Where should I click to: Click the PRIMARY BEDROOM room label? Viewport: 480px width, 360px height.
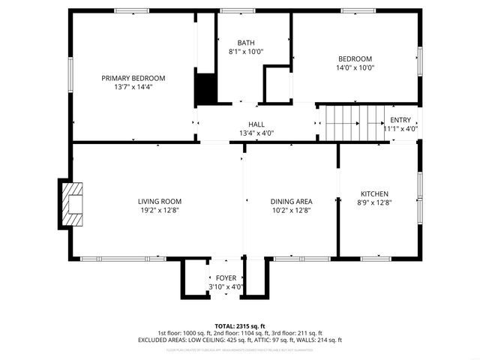133,78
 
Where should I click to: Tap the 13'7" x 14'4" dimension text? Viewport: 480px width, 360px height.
133,87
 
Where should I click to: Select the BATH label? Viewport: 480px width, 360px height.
246,43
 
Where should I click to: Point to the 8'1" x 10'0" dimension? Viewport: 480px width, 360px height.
246,52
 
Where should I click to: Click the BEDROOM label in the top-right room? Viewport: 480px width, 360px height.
355,59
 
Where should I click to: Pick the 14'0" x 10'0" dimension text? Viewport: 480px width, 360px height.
355,68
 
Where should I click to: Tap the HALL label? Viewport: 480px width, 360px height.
256,124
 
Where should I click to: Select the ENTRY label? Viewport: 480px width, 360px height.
400,120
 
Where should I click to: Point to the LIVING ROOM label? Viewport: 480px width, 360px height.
160,201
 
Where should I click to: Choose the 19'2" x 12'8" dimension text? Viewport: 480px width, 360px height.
160,210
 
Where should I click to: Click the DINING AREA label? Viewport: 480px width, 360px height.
291,201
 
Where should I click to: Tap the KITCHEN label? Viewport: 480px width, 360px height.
374,193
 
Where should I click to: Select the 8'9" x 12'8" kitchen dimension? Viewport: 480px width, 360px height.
374,202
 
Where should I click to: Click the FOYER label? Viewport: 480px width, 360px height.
226,278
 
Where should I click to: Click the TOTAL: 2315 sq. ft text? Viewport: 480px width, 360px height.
239,326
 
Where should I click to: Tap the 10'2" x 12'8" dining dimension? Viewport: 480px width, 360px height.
291,210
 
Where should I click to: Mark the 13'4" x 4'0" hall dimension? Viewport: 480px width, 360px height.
256,133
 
